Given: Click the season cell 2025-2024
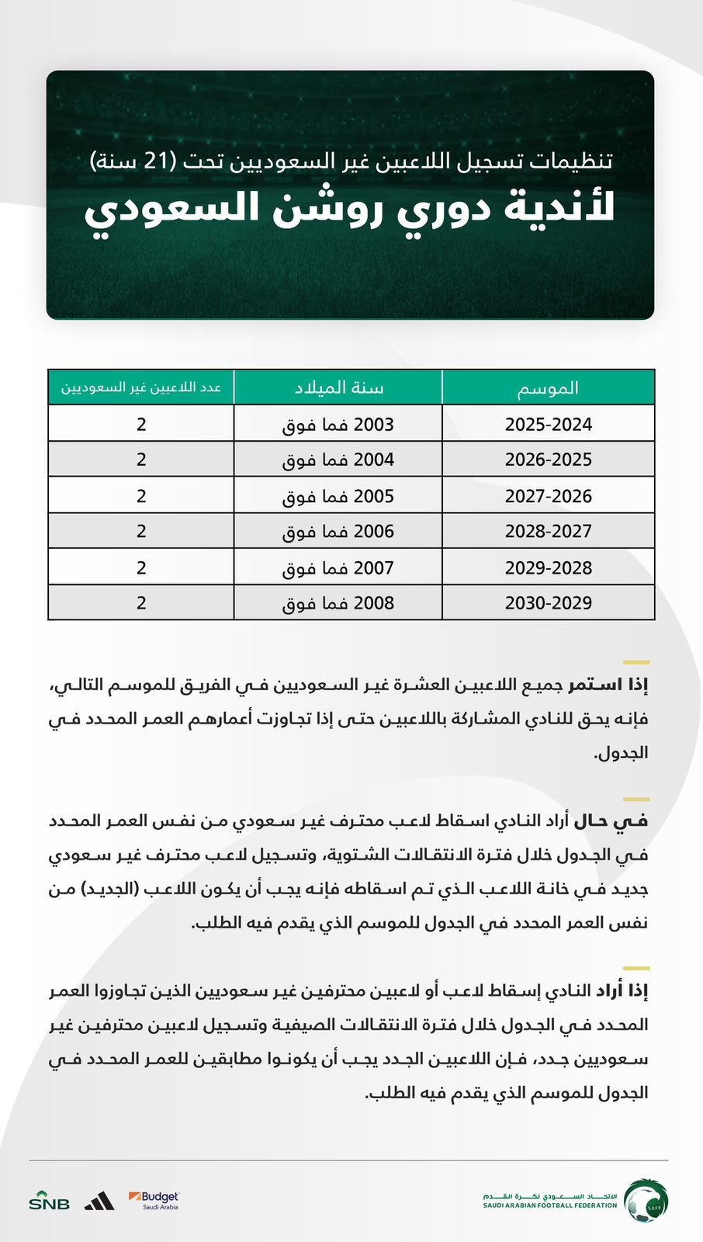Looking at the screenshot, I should click(548, 425).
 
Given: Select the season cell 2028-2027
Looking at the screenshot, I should click(548, 532).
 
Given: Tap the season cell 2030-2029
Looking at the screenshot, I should click(548, 603).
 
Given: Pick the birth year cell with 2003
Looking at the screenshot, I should click(338, 425).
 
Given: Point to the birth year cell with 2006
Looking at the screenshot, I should click(338, 532).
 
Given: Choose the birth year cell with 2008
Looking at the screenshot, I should click(338, 603).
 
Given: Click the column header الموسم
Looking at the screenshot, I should click(548, 387).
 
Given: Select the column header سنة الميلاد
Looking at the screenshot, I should click(338, 387).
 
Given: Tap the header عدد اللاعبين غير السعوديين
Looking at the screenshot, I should click(141, 387).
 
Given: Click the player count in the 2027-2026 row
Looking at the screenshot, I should click(141, 496).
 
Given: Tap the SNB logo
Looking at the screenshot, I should click(49, 1201).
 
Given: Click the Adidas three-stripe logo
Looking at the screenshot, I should click(99, 1201).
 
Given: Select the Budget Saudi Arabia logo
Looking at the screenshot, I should click(154, 1200).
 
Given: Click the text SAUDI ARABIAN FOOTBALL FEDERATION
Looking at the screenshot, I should click(550, 1206).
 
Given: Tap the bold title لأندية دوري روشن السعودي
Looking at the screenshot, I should click(350, 208).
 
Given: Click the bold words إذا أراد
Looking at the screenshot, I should click(621, 991).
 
